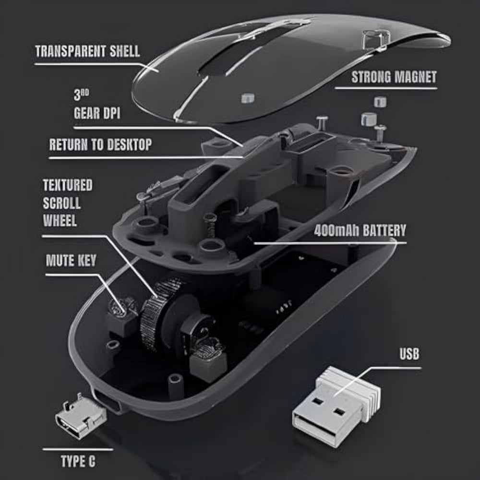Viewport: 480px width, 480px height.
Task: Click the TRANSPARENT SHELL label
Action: click(x=87, y=51)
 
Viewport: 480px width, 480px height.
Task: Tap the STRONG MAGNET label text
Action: click(x=394, y=77)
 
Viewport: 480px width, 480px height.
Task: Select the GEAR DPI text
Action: click(x=97, y=113)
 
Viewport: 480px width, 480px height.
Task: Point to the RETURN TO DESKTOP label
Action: click(x=100, y=144)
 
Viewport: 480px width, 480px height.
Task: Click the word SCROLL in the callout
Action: click(x=62, y=203)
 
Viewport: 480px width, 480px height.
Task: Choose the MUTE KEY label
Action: click(x=71, y=261)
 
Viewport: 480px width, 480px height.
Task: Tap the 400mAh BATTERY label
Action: click(x=360, y=230)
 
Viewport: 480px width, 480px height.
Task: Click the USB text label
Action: click(x=409, y=354)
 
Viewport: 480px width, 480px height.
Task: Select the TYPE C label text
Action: click(x=78, y=461)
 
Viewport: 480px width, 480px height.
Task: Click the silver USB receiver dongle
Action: click(x=336, y=407)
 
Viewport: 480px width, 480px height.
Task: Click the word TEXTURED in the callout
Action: click(x=68, y=185)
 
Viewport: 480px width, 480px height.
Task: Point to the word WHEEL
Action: click(x=60, y=220)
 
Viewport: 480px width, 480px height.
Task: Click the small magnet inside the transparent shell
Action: click(x=248, y=98)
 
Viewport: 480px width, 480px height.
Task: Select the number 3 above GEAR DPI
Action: click(x=77, y=95)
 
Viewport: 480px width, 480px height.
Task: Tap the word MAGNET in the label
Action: click(x=415, y=77)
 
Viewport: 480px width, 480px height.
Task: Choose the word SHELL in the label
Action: click(x=125, y=51)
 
